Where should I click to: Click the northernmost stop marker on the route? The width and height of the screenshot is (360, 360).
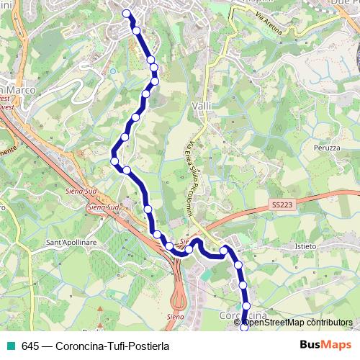tap(127, 13)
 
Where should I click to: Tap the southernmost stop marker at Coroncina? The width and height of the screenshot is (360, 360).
tap(243, 329)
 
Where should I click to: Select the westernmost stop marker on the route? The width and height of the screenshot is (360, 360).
tap(114, 161)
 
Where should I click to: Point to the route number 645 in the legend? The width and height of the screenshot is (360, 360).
tap(30, 345)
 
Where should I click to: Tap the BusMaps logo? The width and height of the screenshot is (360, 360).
tap(325, 344)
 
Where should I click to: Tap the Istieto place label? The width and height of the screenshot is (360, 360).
tap(305, 246)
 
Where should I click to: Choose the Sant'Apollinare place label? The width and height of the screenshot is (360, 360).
tap(71, 242)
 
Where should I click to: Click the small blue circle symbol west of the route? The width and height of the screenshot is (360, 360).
tap(113, 71)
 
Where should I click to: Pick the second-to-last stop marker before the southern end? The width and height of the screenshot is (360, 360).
tap(246, 306)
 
